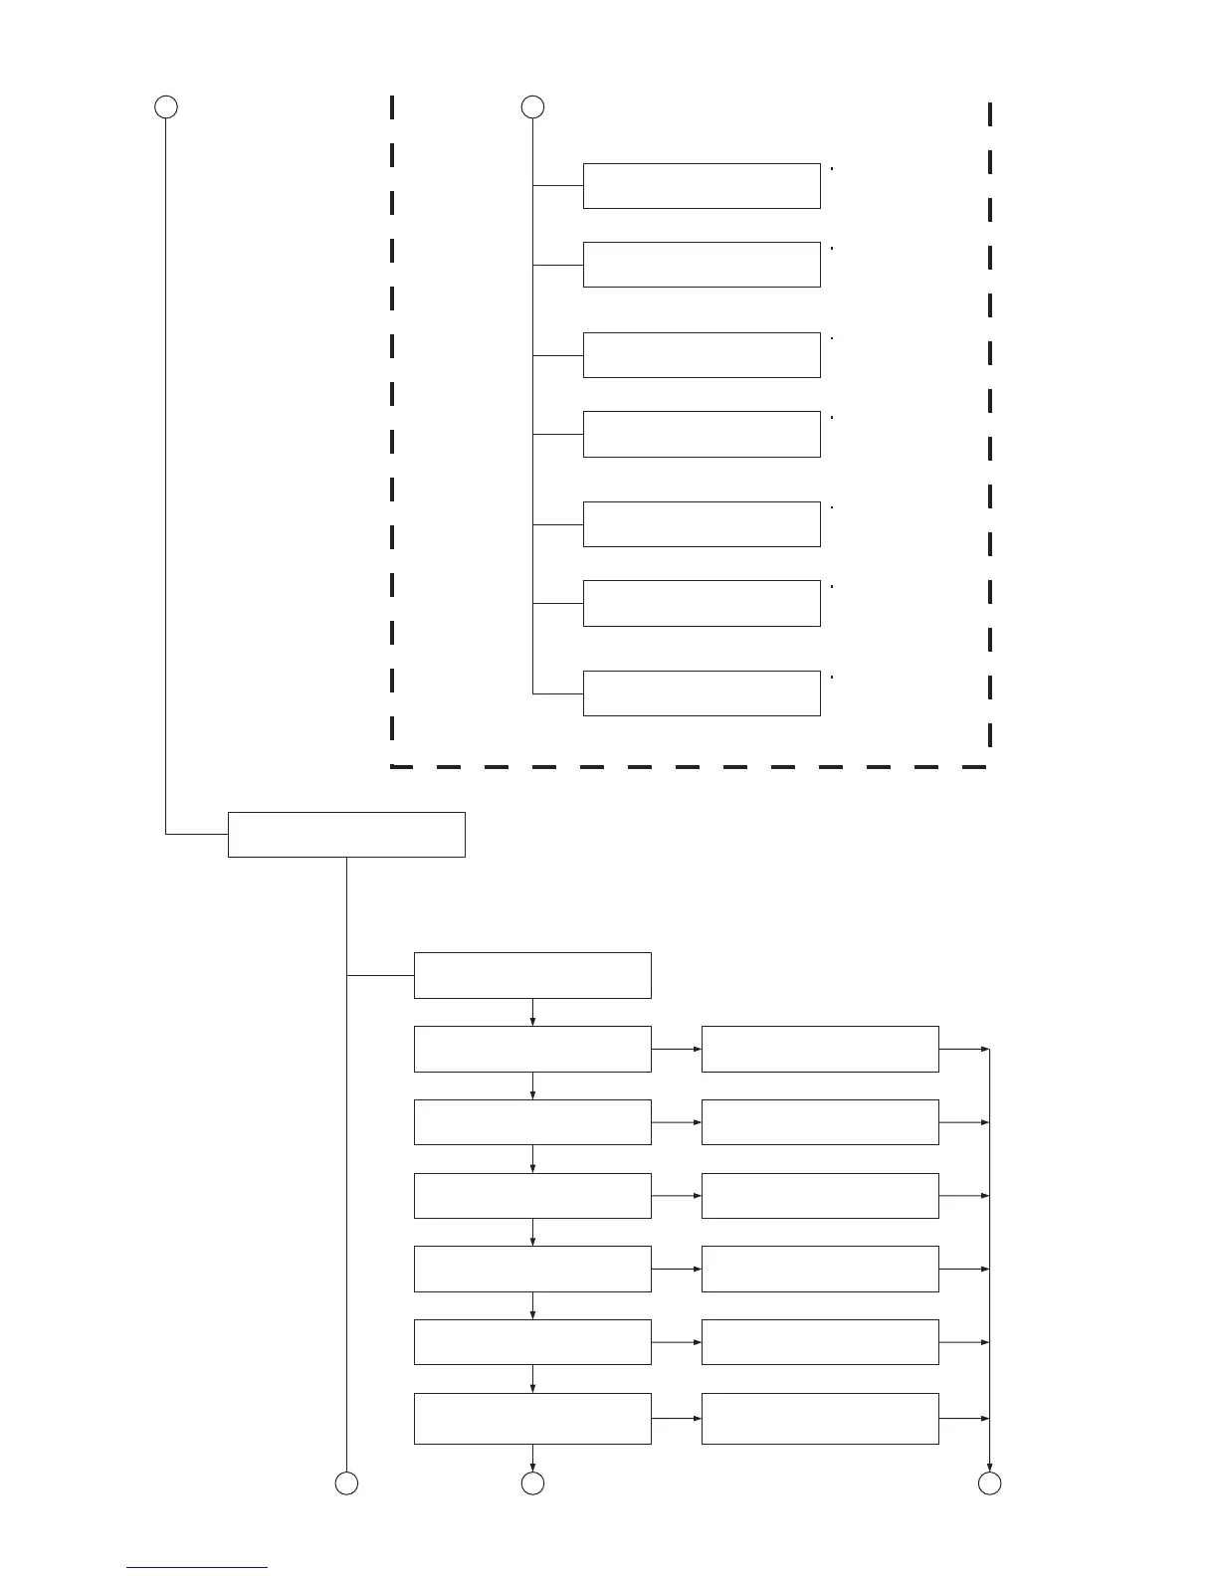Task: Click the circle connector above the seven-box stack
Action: point(532,106)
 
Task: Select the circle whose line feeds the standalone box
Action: point(166,106)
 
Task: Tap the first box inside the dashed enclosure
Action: point(702,186)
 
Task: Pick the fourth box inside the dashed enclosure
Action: point(702,434)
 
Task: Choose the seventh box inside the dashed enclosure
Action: point(702,693)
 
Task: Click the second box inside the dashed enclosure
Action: point(702,265)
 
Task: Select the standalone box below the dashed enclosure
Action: point(346,834)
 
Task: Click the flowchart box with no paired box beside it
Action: point(532,975)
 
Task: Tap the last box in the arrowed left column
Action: point(532,1418)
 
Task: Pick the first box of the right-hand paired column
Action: point(820,1049)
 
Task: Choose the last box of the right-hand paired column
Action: point(820,1418)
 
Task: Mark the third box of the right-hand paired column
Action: point(820,1196)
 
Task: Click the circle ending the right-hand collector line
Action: point(989,1483)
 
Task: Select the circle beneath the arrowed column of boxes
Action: point(532,1483)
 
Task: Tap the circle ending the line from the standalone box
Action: point(346,1483)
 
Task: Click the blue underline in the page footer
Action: point(197,1568)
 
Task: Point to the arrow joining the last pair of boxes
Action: point(677,1418)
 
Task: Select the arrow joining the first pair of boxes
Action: point(677,1049)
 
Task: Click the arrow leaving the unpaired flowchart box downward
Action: point(533,1012)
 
